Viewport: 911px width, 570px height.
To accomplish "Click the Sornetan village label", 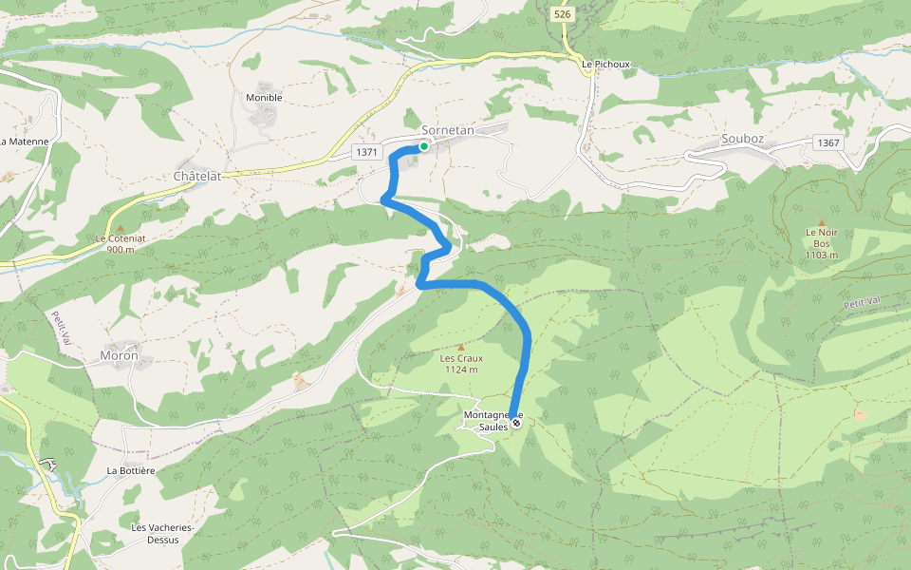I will tap(447, 130).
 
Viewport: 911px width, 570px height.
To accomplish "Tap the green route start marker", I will tap(423, 146).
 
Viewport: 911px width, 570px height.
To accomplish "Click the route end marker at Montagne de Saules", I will tap(516, 424).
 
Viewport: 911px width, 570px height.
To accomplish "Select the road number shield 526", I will tap(563, 15).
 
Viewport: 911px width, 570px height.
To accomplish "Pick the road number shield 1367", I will tap(827, 142).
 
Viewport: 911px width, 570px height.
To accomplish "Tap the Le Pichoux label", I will tap(606, 65).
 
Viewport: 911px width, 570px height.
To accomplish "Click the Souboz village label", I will tap(742, 139).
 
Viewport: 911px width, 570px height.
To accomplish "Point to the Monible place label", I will tap(264, 97).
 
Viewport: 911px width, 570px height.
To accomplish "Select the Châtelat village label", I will tap(197, 177).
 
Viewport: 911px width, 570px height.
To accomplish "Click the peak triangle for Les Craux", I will tap(461, 348).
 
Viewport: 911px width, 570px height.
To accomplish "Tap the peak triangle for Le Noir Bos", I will tap(822, 222).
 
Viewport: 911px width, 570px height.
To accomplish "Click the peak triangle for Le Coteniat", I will tap(120, 228).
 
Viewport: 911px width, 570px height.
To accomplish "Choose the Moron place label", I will tap(119, 356).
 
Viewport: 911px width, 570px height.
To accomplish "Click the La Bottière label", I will tap(131, 470).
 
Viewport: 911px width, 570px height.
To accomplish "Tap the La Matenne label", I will tap(24, 142).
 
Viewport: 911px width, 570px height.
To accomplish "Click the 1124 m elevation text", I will tap(461, 370).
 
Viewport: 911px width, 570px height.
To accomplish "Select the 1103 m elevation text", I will tap(822, 255).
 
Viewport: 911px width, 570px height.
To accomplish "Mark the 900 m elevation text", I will tap(121, 249).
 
